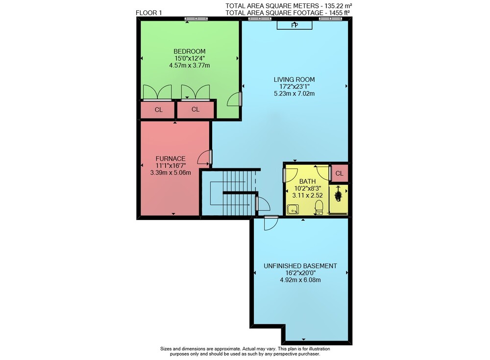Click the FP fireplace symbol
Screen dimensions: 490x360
point(294,25)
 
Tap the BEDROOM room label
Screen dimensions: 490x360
point(189,51)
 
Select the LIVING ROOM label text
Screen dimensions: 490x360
point(294,79)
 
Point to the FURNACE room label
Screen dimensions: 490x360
point(171,158)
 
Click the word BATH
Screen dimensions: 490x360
point(308,181)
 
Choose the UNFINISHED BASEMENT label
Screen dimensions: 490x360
point(300,266)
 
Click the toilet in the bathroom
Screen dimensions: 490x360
point(319,208)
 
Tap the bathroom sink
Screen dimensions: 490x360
point(293,209)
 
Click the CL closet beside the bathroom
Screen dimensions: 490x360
point(340,173)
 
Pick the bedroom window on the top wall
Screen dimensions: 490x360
point(196,19)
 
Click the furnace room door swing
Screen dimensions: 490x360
point(204,157)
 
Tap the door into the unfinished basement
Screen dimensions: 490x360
point(270,223)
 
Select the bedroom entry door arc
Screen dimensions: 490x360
point(234,99)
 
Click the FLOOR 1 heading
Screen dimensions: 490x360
point(149,13)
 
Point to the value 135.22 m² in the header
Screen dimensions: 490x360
point(339,5)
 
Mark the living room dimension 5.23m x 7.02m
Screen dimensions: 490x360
point(294,94)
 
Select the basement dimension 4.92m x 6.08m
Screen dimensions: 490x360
point(300,280)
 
